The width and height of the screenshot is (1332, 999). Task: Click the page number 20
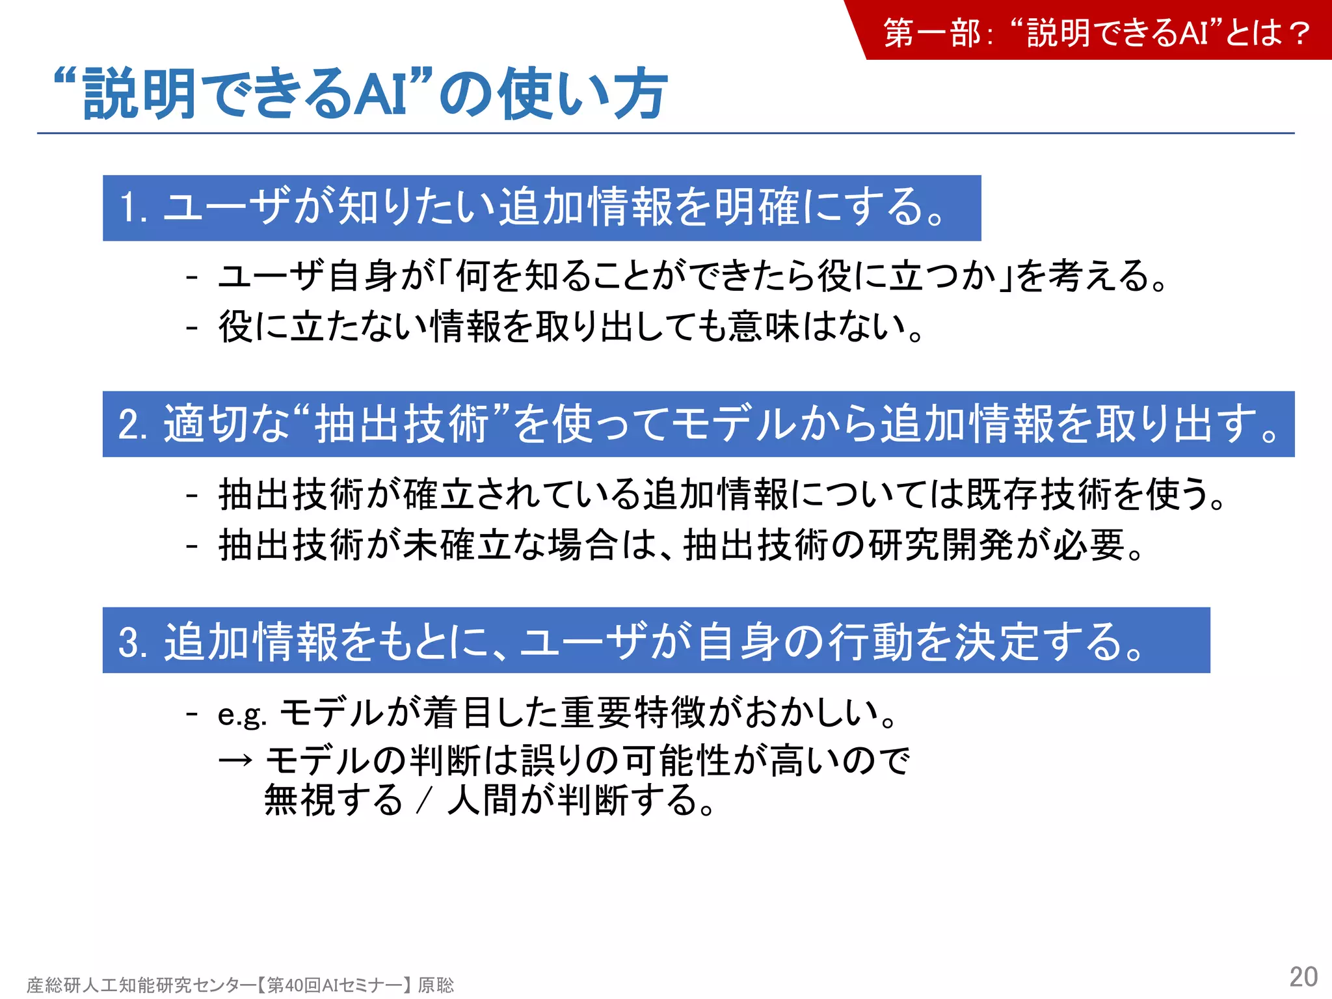pos(1303,977)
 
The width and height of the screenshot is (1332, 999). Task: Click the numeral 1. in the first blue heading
pos(133,208)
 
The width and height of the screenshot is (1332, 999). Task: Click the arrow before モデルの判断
pos(235,760)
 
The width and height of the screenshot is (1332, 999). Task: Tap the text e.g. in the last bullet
pos(242,714)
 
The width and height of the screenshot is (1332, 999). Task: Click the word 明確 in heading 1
pos(756,208)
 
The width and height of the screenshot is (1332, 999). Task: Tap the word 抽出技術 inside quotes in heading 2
pos(402,425)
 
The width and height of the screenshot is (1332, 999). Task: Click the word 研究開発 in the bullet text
pos(940,545)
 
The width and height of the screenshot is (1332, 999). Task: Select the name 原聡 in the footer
pos(436,985)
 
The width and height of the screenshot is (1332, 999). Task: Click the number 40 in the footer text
pos(295,985)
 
